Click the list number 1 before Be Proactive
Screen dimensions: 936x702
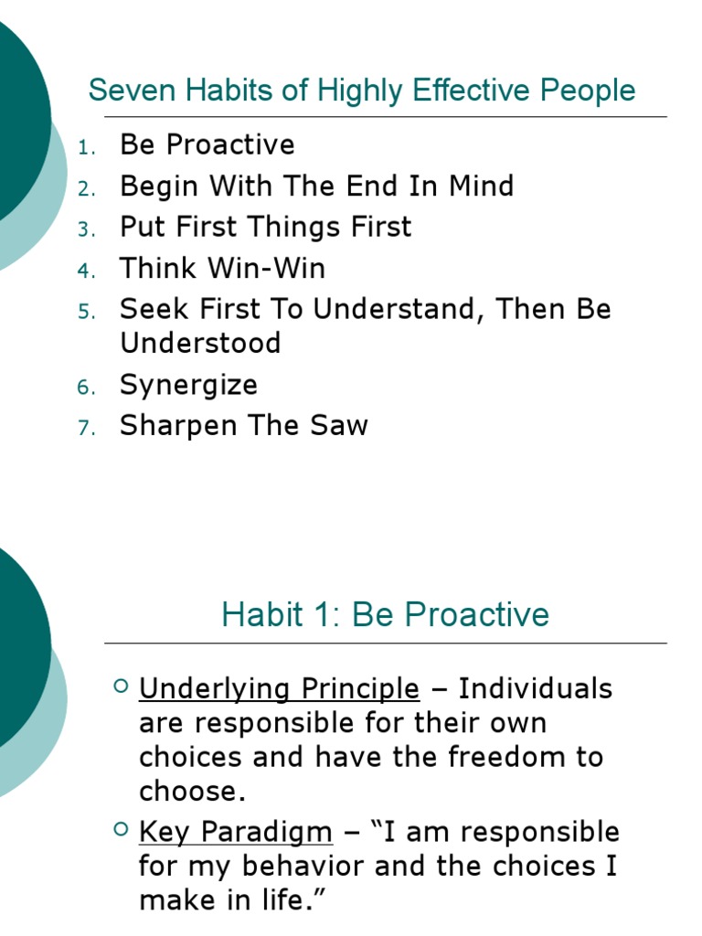(x=84, y=147)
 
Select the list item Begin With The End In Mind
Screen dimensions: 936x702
(x=316, y=186)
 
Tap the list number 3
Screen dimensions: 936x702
(x=85, y=229)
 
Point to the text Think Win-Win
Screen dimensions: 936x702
(x=222, y=269)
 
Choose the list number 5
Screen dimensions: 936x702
(x=85, y=312)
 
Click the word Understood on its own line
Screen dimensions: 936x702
(x=200, y=344)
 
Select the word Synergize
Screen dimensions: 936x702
(x=188, y=385)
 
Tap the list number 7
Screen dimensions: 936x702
(x=85, y=428)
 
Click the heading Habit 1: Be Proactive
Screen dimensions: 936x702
(x=385, y=614)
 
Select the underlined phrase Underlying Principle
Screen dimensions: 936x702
(x=279, y=688)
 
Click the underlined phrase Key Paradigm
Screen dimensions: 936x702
(x=235, y=833)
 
